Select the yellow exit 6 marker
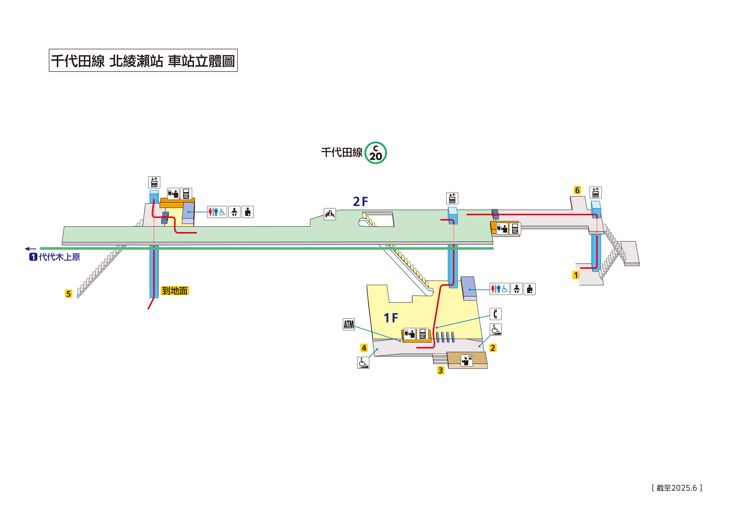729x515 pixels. coord(577,190)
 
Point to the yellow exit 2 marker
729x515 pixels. coord(492,348)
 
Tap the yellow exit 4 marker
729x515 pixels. coord(364,348)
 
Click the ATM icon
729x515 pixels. coord(349,324)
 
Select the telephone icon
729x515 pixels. coord(495,314)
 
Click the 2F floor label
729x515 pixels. coord(360,202)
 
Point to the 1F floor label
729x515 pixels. coord(391,318)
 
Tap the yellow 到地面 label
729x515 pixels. coord(175,291)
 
